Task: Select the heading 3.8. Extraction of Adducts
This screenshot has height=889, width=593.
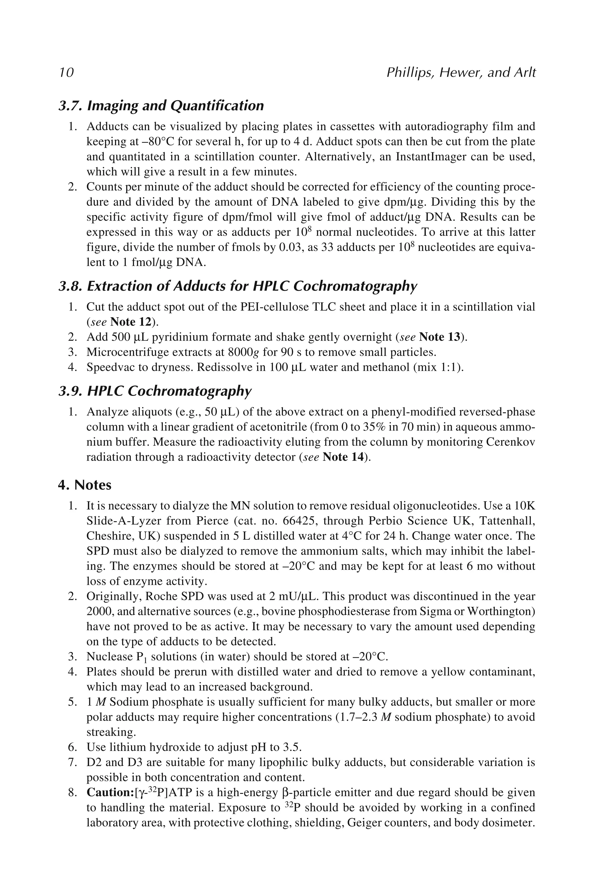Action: [x=237, y=286]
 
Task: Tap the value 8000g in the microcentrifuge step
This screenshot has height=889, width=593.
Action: [x=244, y=352]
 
